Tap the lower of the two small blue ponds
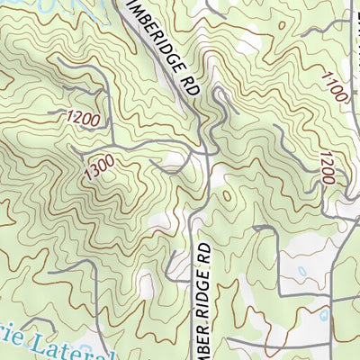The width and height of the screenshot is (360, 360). click(322, 315)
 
